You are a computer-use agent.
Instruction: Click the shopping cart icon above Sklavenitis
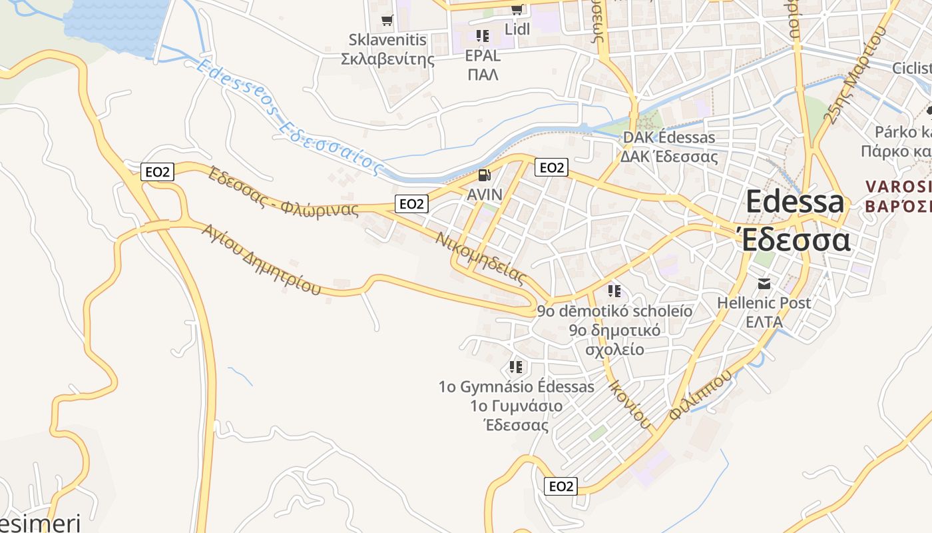387,20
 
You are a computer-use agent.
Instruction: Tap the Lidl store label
517,29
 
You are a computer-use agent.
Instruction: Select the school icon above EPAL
483,35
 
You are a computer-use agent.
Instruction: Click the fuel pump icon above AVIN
484,175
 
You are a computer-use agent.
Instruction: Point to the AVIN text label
484,195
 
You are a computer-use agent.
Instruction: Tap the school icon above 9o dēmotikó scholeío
614,291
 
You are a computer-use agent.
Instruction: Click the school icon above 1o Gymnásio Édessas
515,366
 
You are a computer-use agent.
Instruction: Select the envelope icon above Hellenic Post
764,284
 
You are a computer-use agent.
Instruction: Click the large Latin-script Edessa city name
795,201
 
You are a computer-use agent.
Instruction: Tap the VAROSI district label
897,186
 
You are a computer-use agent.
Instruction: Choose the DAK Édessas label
668,138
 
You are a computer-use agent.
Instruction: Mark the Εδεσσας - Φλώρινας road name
283,193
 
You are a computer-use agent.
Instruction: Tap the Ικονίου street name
628,403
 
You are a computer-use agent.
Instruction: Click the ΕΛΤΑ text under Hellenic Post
764,322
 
